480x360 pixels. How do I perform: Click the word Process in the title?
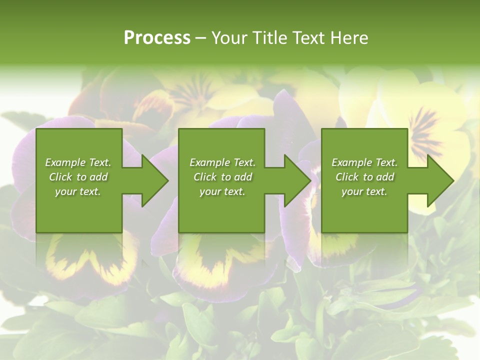157,38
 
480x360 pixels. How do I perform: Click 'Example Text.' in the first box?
78,162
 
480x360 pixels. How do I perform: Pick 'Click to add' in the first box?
78,177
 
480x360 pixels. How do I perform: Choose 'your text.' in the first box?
78,191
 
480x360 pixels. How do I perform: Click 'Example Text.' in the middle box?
222,162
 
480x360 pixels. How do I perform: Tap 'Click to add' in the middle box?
222,177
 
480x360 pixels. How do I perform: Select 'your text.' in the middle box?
222,191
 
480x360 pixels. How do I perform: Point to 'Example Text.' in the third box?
364,162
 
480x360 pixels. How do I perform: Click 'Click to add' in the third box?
364,177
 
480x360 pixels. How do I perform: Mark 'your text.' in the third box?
364,191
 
